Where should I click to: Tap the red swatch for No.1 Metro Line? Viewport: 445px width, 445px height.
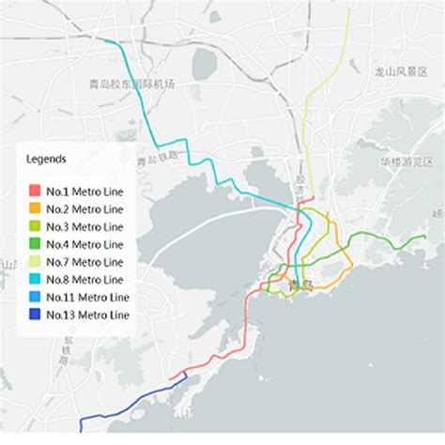pos(35,192)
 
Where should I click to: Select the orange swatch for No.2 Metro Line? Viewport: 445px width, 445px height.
pos(35,208)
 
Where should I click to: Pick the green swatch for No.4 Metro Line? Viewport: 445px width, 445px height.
pos(35,244)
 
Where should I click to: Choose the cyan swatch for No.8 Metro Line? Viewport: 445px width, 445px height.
pos(35,279)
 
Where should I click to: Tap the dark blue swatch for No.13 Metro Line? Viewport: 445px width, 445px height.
pos(35,315)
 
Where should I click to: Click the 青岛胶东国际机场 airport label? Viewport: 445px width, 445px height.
pos(131,84)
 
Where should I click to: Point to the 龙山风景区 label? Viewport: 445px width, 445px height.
pos(401,70)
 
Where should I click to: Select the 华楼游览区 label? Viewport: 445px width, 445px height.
pos(405,161)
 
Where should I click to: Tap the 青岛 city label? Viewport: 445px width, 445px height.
pos(300,284)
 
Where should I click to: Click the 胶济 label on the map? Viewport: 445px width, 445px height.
pos(300,184)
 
